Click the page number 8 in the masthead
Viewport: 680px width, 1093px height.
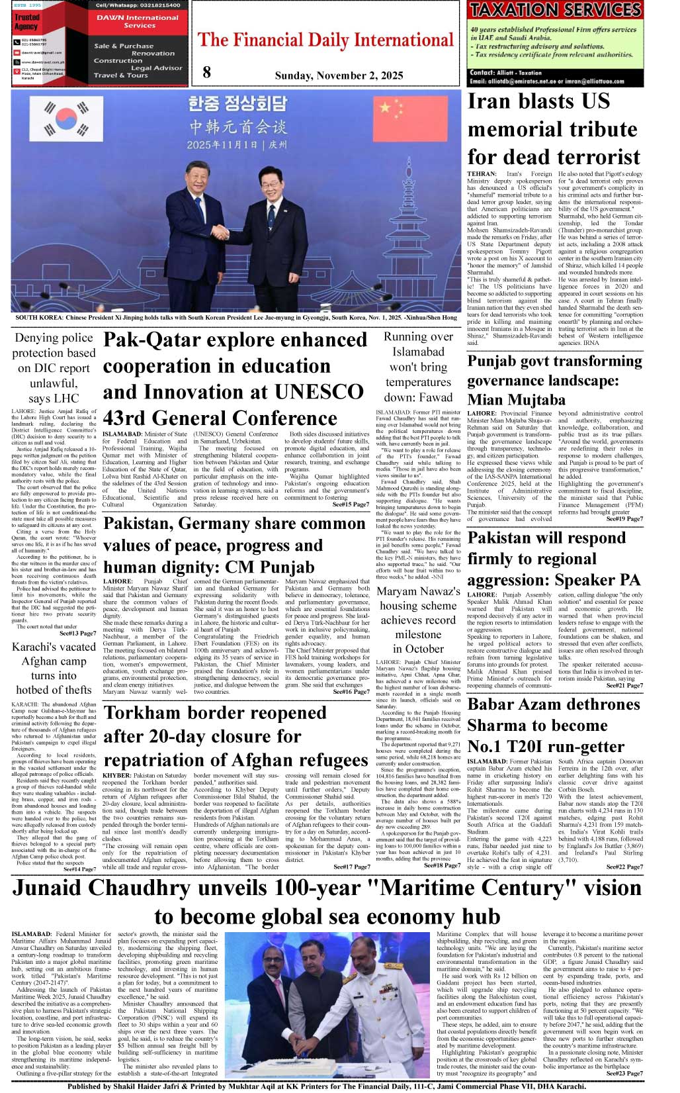point(206,72)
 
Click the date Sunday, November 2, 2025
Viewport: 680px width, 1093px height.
point(339,75)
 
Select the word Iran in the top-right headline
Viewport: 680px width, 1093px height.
point(489,101)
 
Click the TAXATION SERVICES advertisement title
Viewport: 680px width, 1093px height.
point(555,10)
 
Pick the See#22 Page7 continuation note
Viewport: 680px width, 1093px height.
point(624,866)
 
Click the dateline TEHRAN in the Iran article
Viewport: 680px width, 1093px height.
point(481,174)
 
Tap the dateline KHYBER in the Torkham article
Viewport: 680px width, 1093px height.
point(116,775)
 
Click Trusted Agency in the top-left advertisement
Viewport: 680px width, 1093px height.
point(26,22)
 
